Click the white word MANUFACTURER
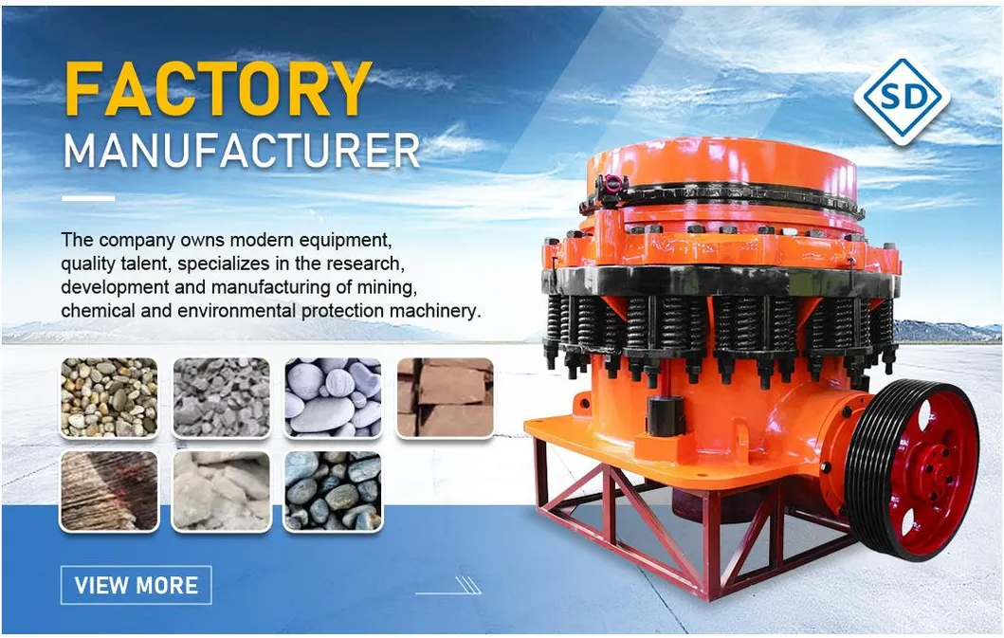tap(242, 151)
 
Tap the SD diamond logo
tap(902, 98)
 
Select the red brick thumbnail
tap(445, 398)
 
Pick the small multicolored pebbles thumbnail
tap(109, 398)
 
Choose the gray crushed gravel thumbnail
tap(222, 398)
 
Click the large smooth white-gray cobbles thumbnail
tap(333, 398)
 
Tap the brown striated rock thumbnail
tap(109, 491)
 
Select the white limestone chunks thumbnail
tap(222, 491)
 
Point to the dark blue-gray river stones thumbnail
tap(333, 491)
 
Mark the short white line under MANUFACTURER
tap(88, 198)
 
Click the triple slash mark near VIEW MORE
tap(468, 585)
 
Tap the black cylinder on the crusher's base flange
tap(665, 415)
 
